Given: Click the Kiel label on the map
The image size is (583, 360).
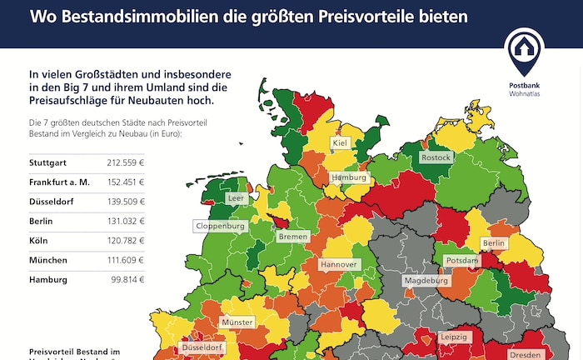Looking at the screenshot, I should click(340, 143).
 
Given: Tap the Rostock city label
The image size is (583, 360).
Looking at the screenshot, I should click(436, 157).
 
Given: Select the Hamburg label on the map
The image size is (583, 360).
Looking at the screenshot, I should click(349, 177).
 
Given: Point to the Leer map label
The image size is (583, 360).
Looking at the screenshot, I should click(237, 198).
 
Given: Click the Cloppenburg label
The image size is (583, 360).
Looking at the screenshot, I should click(221, 226).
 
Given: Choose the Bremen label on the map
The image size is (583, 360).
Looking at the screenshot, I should click(293, 237).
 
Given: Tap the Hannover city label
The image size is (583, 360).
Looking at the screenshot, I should click(339, 264).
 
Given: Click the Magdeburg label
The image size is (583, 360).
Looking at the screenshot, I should click(426, 281).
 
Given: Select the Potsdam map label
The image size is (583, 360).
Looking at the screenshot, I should click(462, 261).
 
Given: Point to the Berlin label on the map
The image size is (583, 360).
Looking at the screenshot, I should click(494, 242).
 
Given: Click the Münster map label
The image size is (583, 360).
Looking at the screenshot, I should click(237, 322).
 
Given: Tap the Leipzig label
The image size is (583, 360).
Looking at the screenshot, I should click(455, 337).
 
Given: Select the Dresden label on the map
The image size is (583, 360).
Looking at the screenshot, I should click(525, 353).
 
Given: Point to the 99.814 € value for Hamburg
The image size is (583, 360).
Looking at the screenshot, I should click(127, 280).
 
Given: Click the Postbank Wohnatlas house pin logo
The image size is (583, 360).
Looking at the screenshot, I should click(525, 52).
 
